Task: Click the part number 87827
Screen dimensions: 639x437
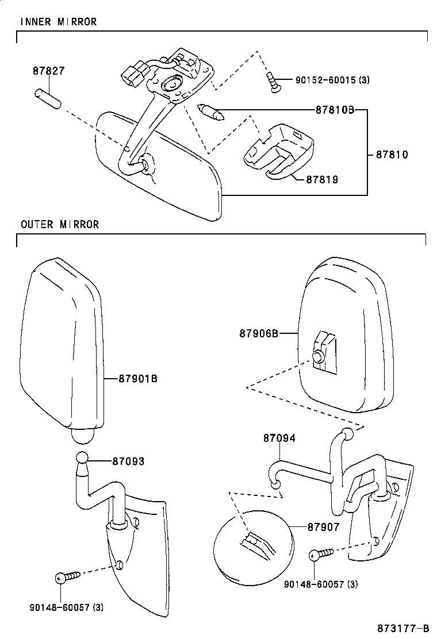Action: (x=48, y=72)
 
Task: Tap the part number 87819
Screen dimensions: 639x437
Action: (x=321, y=179)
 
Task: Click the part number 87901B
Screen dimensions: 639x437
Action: (x=138, y=379)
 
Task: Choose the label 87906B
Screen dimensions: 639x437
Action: (x=259, y=333)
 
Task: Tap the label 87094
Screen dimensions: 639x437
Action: (x=279, y=438)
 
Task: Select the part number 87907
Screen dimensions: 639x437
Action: (x=323, y=526)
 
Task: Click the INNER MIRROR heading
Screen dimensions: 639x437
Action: (x=59, y=22)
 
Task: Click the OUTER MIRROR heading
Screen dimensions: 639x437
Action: (x=60, y=224)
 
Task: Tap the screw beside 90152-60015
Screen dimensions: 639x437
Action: (x=272, y=82)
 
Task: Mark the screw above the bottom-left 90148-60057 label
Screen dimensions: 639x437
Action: (x=65, y=578)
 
